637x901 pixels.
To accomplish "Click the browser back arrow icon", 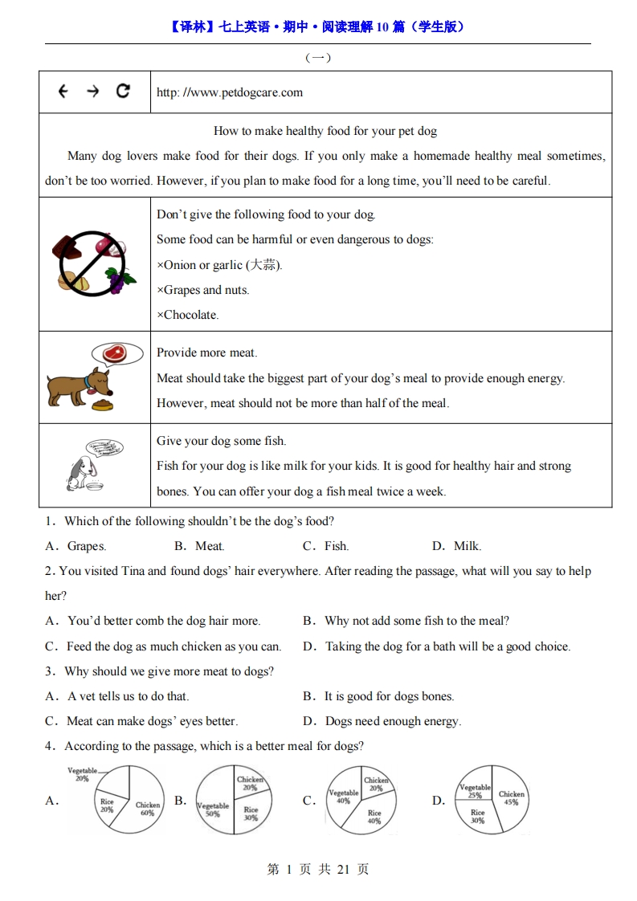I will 63,92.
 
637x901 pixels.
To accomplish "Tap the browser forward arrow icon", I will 92,92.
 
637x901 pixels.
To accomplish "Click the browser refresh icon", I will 123,91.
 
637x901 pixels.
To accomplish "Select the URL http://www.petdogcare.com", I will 230,92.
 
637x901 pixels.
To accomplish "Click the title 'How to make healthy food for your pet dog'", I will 325,131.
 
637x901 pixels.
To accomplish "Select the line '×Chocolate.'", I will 188,315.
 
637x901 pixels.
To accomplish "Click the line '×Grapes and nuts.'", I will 203,290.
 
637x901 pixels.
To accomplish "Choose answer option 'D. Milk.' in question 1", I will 457,546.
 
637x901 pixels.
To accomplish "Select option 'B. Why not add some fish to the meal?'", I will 406,621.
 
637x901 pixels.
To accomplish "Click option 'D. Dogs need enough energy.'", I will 382,721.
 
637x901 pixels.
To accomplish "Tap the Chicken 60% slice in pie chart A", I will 145,807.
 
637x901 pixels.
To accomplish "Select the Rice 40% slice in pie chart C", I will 374,816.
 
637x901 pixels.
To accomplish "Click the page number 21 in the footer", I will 343,869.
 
